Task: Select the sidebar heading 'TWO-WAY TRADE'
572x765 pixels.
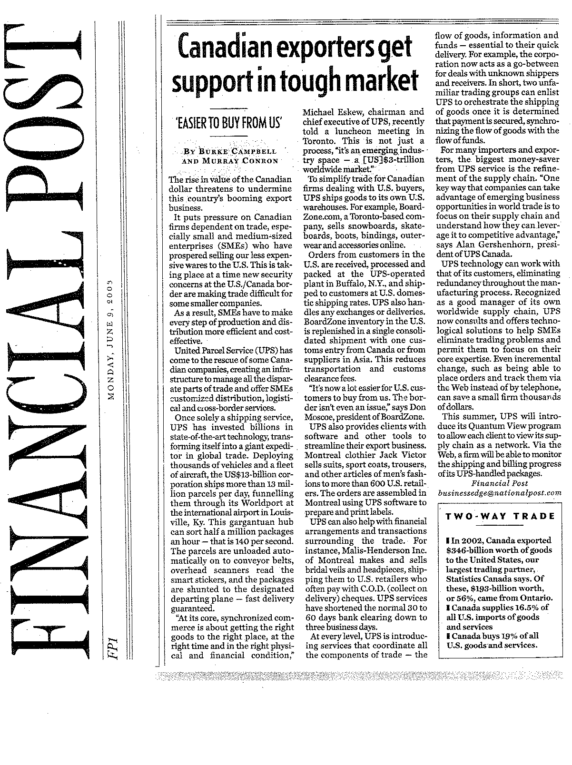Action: [x=500, y=516]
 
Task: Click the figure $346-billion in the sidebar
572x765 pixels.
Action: [x=470, y=550]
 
